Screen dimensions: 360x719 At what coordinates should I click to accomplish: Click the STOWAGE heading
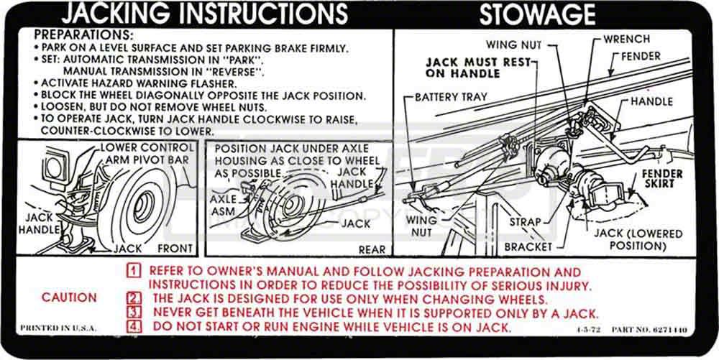tap(537, 14)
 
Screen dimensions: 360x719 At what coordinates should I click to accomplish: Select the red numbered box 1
tap(133, 272)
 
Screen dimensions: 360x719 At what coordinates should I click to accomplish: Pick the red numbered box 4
tap(133, 327)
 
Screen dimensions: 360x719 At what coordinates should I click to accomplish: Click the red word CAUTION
tap(69, 297)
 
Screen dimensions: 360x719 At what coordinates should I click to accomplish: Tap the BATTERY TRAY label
tap(453, 96)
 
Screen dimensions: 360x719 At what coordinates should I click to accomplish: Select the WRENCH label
tap(626, 39)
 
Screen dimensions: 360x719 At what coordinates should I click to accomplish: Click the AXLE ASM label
tap(223, 205)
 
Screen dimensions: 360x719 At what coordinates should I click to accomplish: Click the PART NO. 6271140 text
tap(648, 329)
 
